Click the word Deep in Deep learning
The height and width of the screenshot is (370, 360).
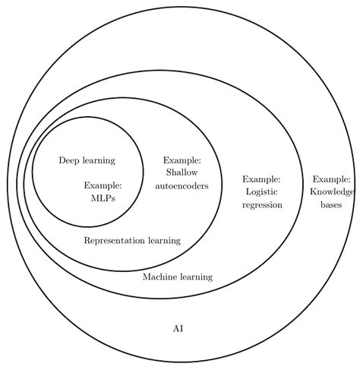point(69,161)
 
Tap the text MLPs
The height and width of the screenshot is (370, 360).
point(103,198)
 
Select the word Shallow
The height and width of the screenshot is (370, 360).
point(182,172)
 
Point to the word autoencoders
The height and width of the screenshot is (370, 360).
point(182,186)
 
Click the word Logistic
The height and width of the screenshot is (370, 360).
point(262,192)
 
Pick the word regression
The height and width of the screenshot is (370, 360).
point(262,204)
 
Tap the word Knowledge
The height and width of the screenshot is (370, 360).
point(332,192)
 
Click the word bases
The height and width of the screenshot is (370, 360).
point(331,204)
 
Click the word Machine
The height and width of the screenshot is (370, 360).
point(159,277)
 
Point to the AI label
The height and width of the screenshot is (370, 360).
point(178,329)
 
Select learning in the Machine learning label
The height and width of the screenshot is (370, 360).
point(197,277)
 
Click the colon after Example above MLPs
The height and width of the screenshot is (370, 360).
point(121,186)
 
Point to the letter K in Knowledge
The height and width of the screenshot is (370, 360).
point(314,191)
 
